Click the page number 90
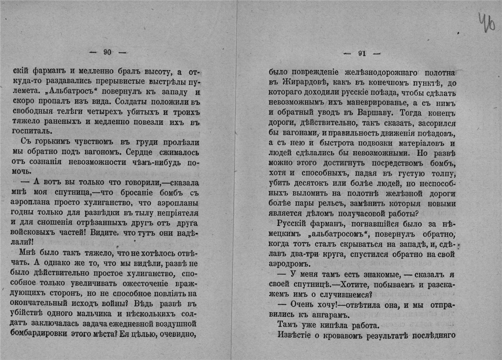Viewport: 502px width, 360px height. point(107,52)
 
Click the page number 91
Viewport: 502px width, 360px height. point(362,54)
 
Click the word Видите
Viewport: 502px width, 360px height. point(111,233)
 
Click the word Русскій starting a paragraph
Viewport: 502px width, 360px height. point(292,224)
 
